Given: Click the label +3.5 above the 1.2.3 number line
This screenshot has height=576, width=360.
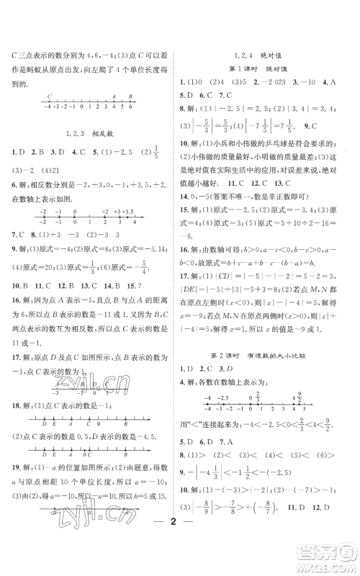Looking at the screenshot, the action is [x=125, y=212].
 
